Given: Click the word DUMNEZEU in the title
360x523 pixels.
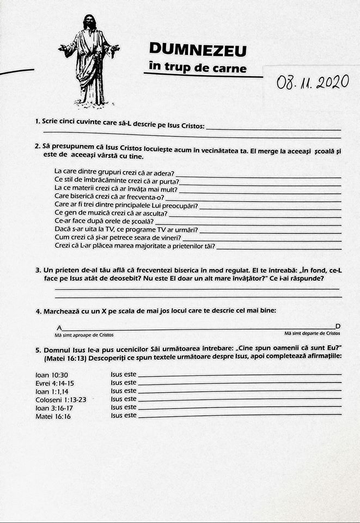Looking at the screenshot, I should coord(197,50).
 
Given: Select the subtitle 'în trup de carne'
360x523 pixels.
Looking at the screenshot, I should coord(197,68).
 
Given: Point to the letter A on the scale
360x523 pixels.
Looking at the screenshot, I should coord(59,327).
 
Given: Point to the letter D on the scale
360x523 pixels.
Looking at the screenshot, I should coord(338,325).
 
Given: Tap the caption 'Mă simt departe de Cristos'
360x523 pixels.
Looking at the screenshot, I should coord(312,332).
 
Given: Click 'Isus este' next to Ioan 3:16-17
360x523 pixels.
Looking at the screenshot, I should coord(123,408).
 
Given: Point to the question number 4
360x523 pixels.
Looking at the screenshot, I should coord(38,312).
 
